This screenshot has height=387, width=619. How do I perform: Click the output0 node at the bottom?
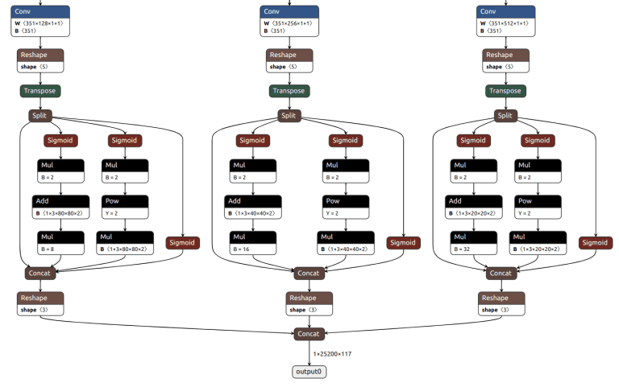[x=309, y=372]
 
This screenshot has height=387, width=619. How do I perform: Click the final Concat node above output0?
[x=309, y=333]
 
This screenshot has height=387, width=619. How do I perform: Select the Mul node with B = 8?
[x=60, y=242]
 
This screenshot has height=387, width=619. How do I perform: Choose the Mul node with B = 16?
[x=254, y=242]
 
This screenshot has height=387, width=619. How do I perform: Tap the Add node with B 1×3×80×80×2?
[x=60, y=207]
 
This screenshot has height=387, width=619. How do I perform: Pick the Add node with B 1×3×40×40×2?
[x=254, y=207]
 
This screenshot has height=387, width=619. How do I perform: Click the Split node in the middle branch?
[x=289, y=116]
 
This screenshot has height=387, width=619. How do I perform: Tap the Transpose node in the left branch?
[x=39, y=91]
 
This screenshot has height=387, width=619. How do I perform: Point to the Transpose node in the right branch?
[x=505, y=91]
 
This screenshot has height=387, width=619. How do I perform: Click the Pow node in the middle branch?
[x=346, y=207]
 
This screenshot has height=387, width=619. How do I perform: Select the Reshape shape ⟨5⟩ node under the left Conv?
[x=39, y=60]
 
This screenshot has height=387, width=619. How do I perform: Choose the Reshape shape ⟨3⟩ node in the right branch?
[x=501, y=303]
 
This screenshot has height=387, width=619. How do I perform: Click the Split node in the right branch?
[x=505, y=116]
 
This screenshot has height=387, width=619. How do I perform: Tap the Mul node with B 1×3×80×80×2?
[x=125, y=242]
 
